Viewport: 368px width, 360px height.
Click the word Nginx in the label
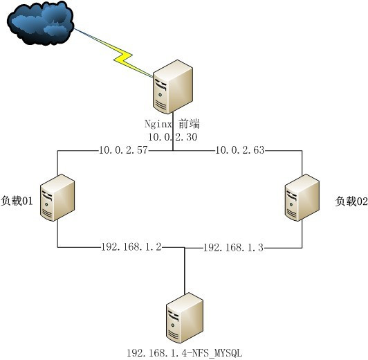[x=158, y=124]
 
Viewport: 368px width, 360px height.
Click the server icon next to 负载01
[x=57, y=197]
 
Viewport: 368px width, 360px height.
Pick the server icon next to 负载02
[x=302, y=197]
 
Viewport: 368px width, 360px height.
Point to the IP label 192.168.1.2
[x=131, y=246]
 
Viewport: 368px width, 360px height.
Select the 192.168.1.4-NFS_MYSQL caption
[x=184, y=352]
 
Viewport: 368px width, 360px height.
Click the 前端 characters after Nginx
[x=189, y=124]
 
